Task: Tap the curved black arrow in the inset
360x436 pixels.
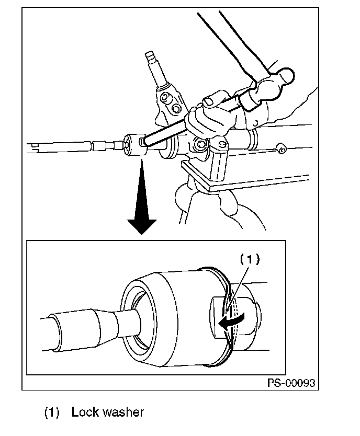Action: (231, 320)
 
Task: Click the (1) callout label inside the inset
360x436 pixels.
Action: (250, 259)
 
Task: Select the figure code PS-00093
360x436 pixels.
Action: (291, 383)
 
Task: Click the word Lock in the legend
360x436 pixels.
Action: (85, 412)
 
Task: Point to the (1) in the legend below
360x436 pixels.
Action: (52, 412)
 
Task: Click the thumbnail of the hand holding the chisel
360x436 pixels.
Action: (209, 101)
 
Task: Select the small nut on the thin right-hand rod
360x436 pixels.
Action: (282, 149)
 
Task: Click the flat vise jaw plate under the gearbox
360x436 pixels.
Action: (245, 181)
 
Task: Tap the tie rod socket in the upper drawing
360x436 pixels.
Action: (135, 145)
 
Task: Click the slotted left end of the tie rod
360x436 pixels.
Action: (35, 147)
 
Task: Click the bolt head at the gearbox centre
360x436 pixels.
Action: (201, 144)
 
